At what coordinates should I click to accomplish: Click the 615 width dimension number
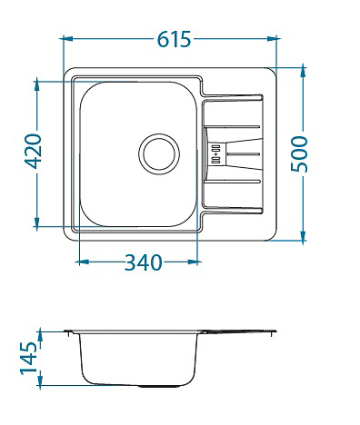(x=175, y=39)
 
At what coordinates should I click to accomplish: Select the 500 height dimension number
(x=299, y=154)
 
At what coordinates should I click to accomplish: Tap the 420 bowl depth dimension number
(x=33, y=151)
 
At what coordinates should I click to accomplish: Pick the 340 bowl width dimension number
(x=144, y=262)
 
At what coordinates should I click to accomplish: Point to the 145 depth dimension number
(x=29, y=358)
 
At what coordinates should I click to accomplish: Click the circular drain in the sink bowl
(x=159, y=154)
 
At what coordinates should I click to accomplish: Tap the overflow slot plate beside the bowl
(x=216, y=154)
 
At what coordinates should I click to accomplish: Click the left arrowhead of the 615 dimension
(x=66, y=38)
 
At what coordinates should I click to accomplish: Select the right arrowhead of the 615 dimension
(x=273, y=38)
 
